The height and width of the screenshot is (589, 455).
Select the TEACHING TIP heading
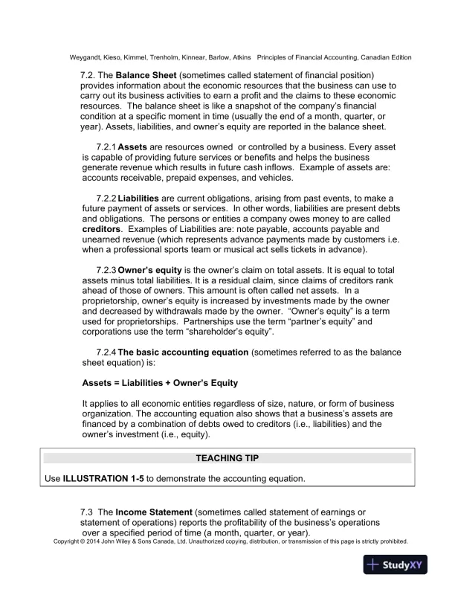coord(227,458)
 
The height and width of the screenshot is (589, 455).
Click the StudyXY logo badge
coord(402,564)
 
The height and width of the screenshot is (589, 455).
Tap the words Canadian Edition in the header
coord(384,58)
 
